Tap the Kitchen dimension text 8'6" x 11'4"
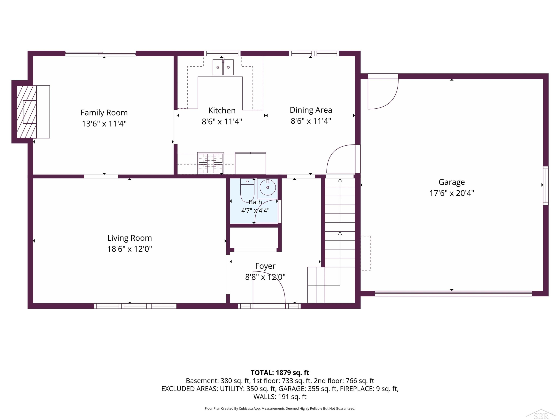coord(222,122)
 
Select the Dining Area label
coord(311,110)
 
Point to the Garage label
coord(452,182)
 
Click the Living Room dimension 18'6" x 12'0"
coord(130,249)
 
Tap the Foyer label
coord(265,266)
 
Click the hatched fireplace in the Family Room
coord(27,112)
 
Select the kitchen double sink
coord(223,67)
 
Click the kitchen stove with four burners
coord(210,163)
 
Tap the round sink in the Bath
coord(268,188)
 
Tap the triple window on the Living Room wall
coord(135,306)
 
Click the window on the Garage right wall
coord(546,186)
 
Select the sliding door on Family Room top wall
coord(100,53)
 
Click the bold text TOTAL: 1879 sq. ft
coord(280,373)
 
